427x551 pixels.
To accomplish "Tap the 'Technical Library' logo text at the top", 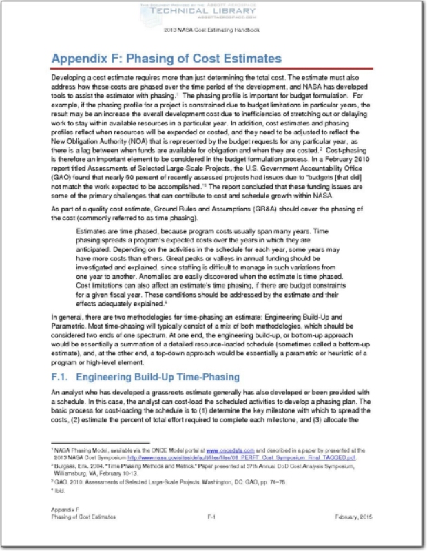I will tap(213, 12).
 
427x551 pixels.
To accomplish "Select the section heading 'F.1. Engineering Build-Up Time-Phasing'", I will tap(145, 377).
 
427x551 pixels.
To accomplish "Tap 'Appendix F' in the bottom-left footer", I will tap(65, 528).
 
